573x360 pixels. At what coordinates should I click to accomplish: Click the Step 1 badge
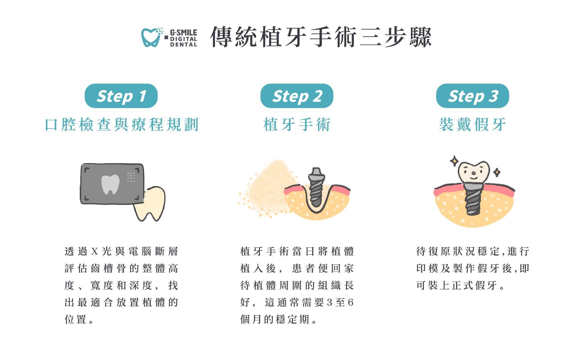[121, 96]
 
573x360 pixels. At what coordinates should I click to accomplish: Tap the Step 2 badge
[297, 96]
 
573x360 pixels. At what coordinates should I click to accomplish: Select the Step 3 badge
[473, 96]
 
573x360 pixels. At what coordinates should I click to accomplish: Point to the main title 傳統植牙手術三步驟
[321, 37]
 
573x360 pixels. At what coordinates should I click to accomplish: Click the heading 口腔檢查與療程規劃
[121, 125]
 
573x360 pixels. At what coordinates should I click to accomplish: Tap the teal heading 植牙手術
[297, 125]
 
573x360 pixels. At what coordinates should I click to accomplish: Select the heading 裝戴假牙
[473, 125]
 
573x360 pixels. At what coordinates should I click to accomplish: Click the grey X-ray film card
[112, 184]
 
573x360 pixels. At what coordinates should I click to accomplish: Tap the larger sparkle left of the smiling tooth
[454, 161]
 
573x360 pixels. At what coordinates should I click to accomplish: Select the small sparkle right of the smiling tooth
[497, 172]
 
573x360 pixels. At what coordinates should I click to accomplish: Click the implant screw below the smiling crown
[473, 198]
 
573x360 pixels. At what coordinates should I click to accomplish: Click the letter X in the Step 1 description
[95, 251]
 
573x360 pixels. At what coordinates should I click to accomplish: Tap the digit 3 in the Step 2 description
[330, 303]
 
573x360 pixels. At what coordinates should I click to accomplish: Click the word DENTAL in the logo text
[184, 45]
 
